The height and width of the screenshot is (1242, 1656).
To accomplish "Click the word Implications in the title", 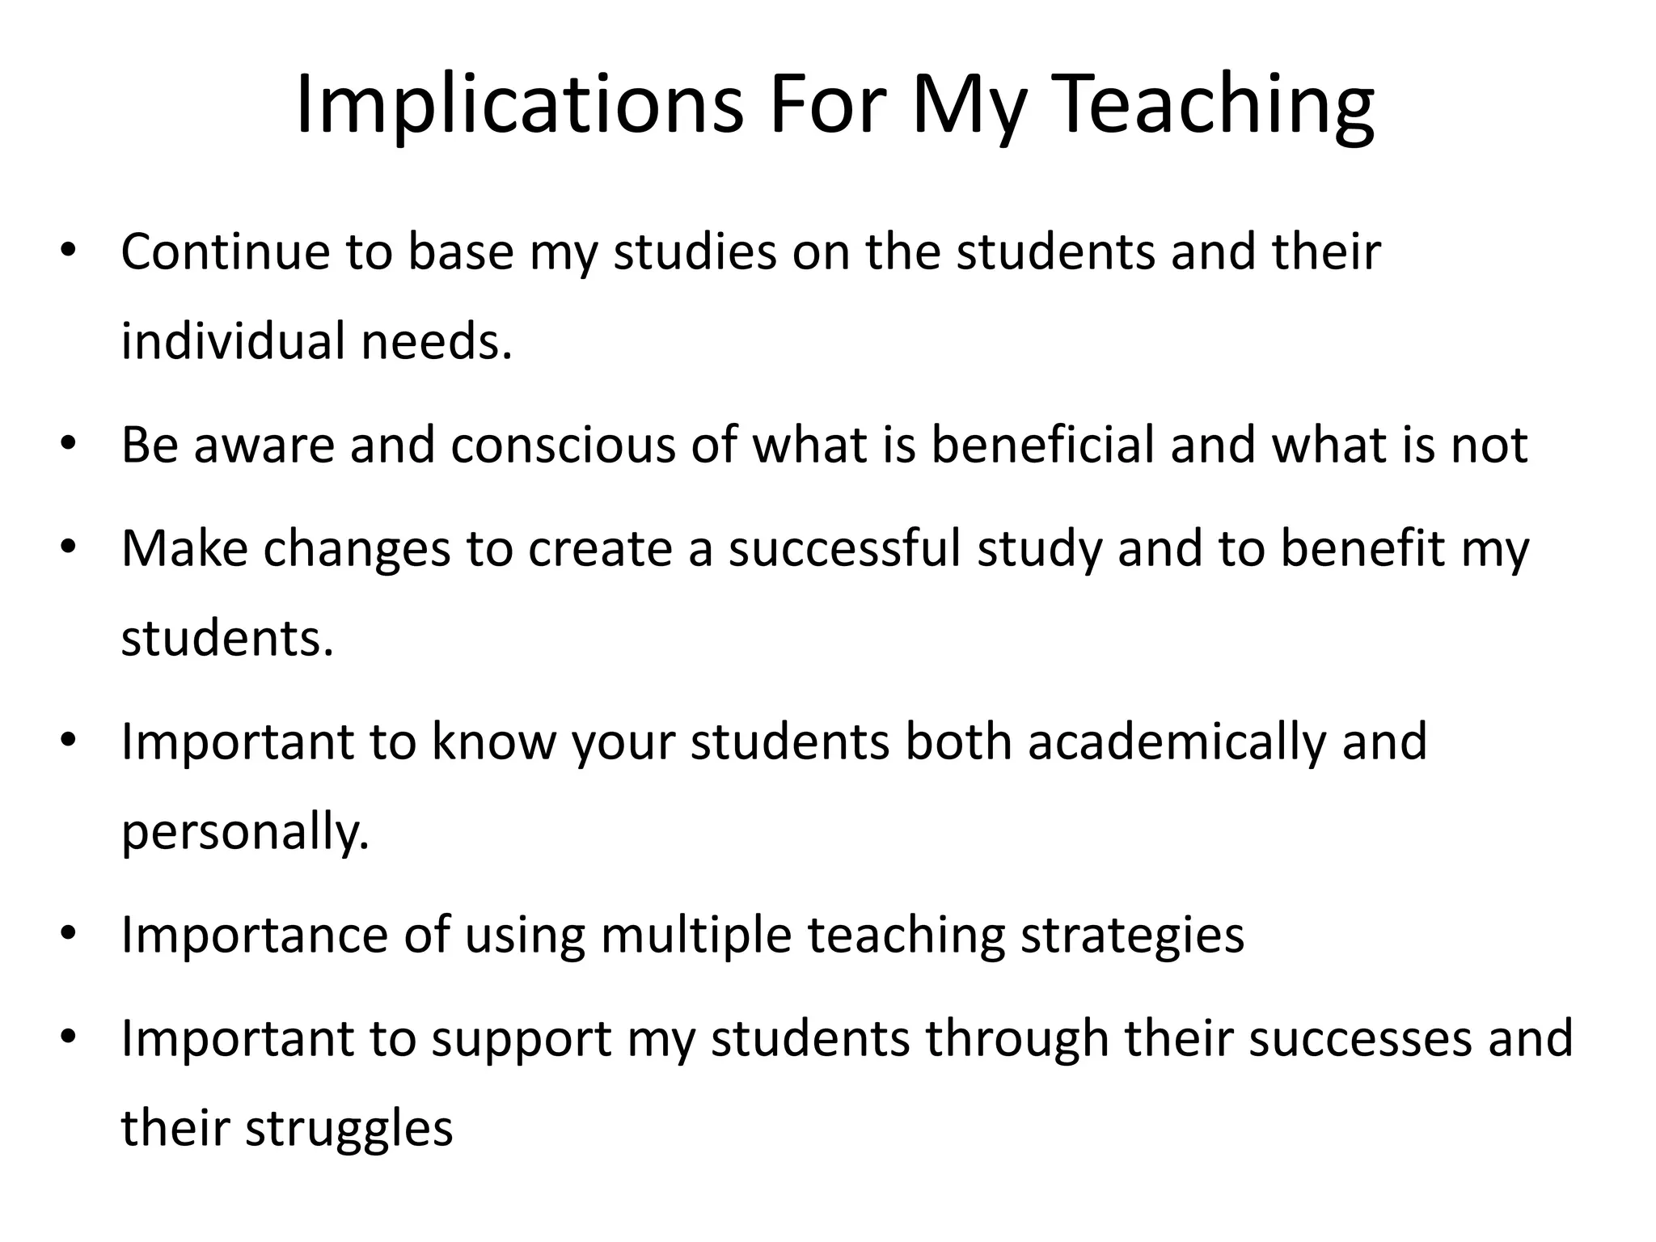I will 518,106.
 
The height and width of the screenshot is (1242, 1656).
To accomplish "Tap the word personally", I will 245,832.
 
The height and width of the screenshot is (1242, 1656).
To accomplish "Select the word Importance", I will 256,936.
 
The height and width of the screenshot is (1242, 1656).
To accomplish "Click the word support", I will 521,1039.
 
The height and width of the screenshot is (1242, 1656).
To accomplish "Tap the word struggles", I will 349,1128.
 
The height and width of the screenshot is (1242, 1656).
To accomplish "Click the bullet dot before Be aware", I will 67,445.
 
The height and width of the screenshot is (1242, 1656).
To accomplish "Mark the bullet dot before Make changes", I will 67,548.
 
